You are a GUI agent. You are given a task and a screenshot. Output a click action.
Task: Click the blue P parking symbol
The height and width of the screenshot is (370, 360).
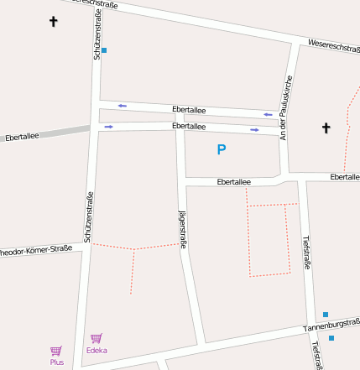[x=222, y=150]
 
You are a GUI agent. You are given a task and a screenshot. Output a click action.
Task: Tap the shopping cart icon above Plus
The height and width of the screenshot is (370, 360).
[x=56, y=351]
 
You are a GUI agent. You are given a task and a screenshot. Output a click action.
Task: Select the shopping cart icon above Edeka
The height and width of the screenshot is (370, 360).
[x=97, y=339]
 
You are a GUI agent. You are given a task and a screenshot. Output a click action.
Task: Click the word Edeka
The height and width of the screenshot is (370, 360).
[x=97, y=351]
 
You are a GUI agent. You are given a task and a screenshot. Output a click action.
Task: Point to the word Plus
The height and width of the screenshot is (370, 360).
[x=56, y=362]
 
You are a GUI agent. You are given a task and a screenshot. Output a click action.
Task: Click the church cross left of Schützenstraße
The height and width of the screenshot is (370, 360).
[x=54, y=20]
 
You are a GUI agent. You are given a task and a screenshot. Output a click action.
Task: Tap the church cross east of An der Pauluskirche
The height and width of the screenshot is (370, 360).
[x=326, y=128]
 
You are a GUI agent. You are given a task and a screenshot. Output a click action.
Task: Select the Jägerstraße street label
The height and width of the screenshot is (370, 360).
[x=182, y=228]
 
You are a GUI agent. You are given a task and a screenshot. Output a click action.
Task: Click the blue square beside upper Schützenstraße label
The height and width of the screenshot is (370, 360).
[x=104, y=50]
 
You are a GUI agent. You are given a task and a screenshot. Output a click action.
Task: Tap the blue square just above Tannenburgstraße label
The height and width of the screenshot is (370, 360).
[x=326, y=315]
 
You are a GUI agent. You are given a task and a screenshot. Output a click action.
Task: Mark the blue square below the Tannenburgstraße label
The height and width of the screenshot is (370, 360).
[x=331, y=338]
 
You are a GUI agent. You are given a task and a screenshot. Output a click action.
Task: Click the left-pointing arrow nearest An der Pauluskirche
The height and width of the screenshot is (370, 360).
[x=268, y=114]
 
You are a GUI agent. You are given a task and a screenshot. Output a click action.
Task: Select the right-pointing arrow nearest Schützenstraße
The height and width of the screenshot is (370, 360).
[x=109, y=127]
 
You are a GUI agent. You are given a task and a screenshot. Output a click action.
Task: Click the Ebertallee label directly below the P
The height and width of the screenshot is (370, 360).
[x=233, y=181]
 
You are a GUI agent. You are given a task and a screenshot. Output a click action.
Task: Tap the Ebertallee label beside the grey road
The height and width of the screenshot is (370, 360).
[x=22, y=137]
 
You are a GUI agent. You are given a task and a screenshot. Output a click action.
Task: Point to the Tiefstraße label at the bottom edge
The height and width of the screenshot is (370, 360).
[x=316, y=354]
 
